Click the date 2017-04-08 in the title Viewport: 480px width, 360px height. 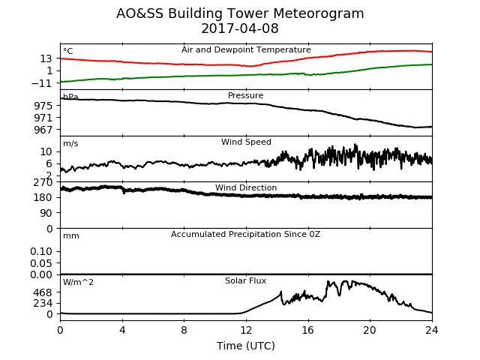point(240,28)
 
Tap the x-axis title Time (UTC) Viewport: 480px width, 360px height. point(246,346)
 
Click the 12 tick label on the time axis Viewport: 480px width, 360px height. point(246,330)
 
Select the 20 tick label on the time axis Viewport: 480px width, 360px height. point(370,330)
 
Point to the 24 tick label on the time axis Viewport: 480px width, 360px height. point(432,330)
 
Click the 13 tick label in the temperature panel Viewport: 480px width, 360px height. point(46,58)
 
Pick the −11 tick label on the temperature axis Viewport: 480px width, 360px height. point(42,83)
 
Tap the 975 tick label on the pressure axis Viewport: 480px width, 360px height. point(43,106)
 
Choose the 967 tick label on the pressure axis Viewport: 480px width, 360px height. point(43,130)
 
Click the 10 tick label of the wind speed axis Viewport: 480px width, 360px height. point(46,151)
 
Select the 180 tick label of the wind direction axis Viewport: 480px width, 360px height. point(43,197)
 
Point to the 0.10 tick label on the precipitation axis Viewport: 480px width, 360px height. point(41,251)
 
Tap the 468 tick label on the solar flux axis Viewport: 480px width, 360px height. point(43,292)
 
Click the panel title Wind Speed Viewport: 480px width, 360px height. point(246,142)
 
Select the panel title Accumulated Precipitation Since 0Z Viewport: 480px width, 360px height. point(245,235)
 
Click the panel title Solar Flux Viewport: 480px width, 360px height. point(245,281)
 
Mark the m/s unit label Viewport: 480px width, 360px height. point(70,143)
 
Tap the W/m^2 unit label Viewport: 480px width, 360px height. point(78,282)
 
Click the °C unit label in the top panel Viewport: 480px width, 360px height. point(68,51)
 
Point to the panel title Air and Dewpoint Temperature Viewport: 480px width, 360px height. point(246,50)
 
